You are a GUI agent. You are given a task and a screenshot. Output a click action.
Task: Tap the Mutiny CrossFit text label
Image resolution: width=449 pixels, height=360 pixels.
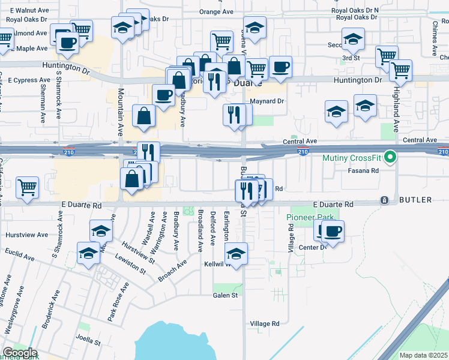(352, 158)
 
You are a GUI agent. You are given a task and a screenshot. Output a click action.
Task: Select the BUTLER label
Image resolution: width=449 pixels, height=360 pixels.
(415, 200)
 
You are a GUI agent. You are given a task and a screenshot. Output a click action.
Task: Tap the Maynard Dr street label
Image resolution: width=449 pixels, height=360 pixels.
(267, 101)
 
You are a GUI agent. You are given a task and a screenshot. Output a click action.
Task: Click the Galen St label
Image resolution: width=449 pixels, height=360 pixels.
(225, 295)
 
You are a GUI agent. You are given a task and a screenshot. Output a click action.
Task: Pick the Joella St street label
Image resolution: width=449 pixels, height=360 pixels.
(88, 343)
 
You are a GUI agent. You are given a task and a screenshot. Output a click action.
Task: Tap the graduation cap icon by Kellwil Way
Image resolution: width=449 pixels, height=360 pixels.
(237, 253)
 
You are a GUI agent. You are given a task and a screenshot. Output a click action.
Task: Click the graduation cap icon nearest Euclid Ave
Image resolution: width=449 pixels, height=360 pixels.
(89, 253)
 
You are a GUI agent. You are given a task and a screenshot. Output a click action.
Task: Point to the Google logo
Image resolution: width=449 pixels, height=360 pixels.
(19, 353)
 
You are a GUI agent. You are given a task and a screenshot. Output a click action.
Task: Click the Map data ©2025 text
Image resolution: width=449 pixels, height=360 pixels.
(424, 355)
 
